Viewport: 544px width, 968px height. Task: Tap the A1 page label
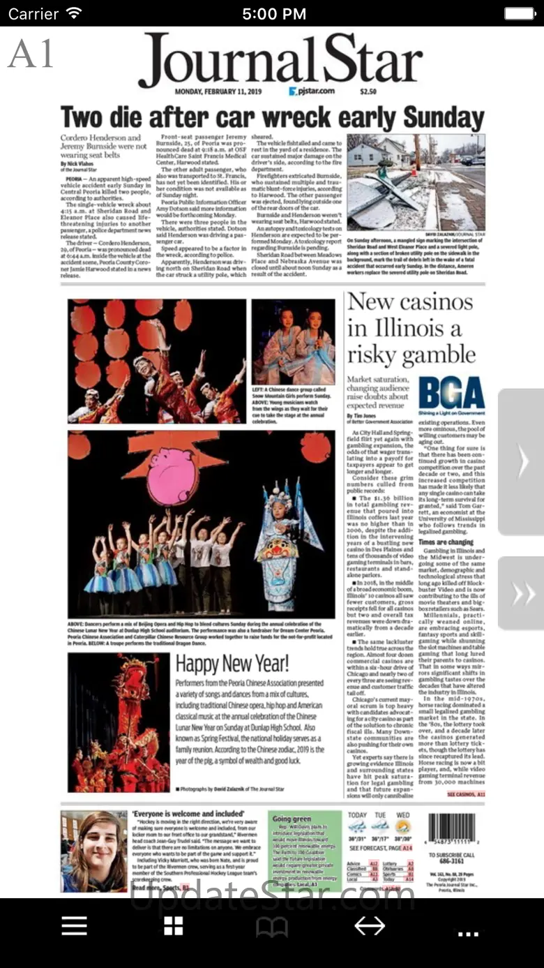point(31,54)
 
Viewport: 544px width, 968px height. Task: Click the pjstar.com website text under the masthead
point(312,91)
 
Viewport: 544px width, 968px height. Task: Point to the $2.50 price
point(368,91)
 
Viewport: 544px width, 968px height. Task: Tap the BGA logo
point(451,394)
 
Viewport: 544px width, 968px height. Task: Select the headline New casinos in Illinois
point(411,328)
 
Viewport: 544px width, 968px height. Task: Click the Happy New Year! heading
point(232,663)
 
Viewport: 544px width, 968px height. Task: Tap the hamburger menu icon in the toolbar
point(74,926)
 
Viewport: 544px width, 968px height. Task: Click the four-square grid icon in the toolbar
point(173,926)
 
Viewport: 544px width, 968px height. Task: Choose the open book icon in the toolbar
point(271,927)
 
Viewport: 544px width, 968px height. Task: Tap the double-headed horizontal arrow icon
point(370,926)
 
